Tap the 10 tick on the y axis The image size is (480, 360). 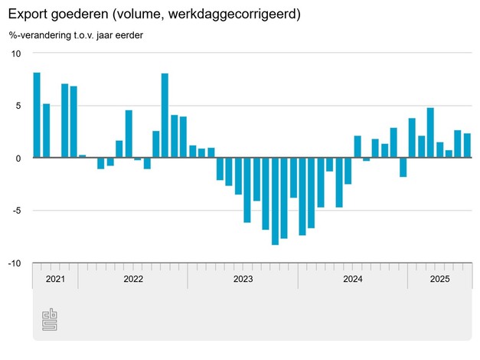coord(15,53)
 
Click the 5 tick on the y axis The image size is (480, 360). coord(18,106)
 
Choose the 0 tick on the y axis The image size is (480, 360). coord(18,158)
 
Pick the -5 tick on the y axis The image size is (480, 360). coord(16,211)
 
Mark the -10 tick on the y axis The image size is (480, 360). coord(15,263)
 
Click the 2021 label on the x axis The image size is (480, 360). coord(55,279)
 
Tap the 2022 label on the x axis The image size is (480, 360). coord(133,279)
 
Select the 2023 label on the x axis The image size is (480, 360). coord(243,279)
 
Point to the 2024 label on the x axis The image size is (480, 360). coord(352,279)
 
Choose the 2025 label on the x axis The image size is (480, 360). coord(439,279)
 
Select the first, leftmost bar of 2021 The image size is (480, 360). coord(37,115)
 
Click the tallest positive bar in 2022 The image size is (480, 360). coord(165,116)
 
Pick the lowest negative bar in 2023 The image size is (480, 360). coord(275,201)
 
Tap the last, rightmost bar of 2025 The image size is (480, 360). coord(467,146)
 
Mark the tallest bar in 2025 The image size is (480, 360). coord(430,133)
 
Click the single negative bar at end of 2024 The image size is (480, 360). coord(403,167)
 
